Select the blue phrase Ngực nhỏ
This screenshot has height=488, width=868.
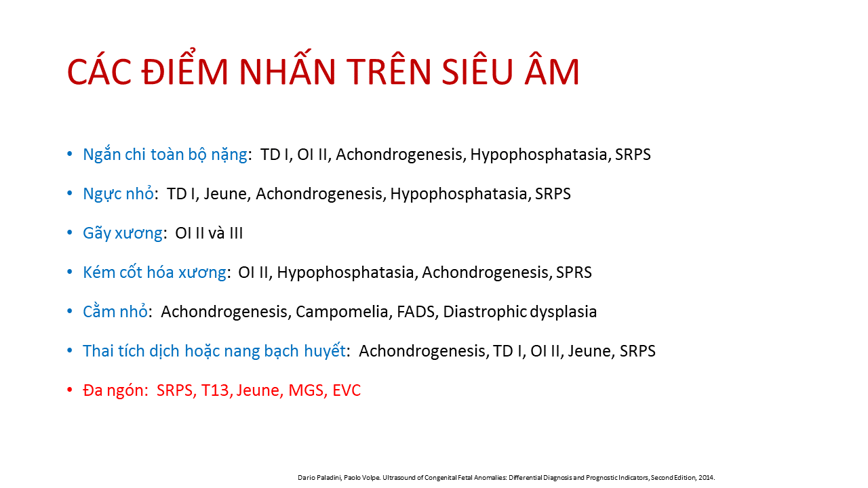pyautogui.click(x=118, y=194)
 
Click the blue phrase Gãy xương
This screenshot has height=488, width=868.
pyautogui.click(x=123, y=233)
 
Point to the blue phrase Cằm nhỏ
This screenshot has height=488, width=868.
pyautogui.click(x=115, y=311)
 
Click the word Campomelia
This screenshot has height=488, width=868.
pyautogui.click(x=342, y=312)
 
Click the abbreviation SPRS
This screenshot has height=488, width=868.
pyautogui.click(x=574, y=272)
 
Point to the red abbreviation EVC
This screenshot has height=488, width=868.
pyautogui.click(x=347, y=390)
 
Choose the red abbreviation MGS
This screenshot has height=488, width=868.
pyautogui.click(x=306, y=390)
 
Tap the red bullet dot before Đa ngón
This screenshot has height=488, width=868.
pyautogui.click(x=70, y=389)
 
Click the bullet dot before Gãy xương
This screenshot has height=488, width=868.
pyautogui.click(x=70, y=232)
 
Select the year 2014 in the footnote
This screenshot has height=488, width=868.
pyautogui.click(x=706, y=478)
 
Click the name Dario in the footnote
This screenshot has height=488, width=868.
pyautogui.click(x=304, y=478)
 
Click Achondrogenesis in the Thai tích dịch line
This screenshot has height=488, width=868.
pyautogui.click(x=422, y=351)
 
